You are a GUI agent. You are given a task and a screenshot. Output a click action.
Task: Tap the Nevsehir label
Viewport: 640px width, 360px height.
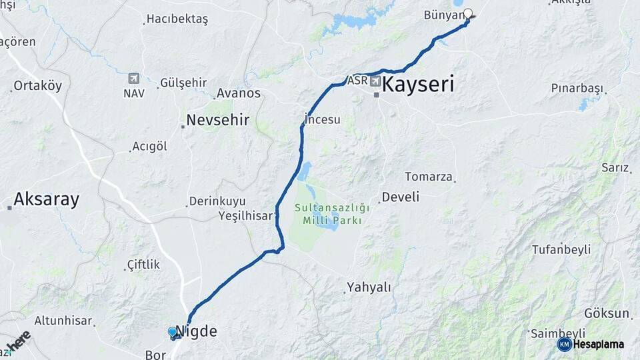(x=218, y=120)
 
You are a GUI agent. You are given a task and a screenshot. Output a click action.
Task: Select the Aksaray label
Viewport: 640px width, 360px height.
(x=46, y=199)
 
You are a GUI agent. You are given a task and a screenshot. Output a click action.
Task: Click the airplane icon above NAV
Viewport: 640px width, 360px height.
(x=133, y=79)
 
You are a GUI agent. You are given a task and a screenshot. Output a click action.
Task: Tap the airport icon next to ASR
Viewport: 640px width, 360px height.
(x=375, y=81)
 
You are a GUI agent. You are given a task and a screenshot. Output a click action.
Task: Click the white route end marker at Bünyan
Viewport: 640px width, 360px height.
(x=468, y=13)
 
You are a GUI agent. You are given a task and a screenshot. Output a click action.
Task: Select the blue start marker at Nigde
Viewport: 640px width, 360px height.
(x=173, y=331)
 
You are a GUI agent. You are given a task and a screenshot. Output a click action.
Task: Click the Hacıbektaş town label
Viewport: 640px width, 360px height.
(x=177, y=19)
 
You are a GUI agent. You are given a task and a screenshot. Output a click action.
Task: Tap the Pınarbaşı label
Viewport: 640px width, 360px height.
(x=577, y=88)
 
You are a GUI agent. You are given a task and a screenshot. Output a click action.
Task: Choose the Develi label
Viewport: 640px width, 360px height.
(x=400, y=197)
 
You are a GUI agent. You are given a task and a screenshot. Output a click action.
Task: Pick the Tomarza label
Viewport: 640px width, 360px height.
(x=429, y=177)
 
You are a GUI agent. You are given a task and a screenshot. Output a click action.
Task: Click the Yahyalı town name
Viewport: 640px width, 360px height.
(x=369, y=287)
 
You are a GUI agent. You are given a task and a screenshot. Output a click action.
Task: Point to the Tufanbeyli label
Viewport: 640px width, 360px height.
(x=561, y=249)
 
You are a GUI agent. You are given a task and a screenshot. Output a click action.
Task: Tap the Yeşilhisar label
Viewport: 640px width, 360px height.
(x=246, y=215)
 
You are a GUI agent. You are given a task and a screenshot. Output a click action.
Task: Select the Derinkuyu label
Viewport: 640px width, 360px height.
(x=217, y=201)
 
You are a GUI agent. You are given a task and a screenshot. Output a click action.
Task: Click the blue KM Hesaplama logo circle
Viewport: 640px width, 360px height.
(x=565, y=344)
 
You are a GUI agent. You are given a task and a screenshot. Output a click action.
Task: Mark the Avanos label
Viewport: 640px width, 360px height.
(x=239, y=93)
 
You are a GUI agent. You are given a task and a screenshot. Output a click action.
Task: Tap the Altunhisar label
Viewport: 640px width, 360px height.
(x=63, y=320)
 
